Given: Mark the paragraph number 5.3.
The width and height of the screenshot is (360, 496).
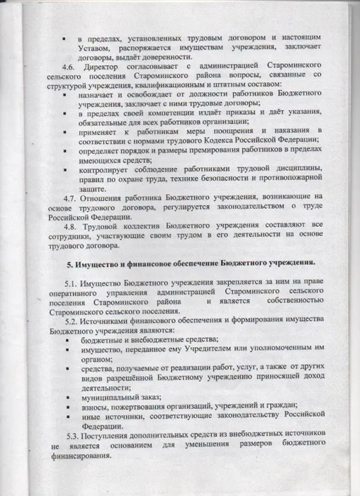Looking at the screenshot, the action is pos(74,432).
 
